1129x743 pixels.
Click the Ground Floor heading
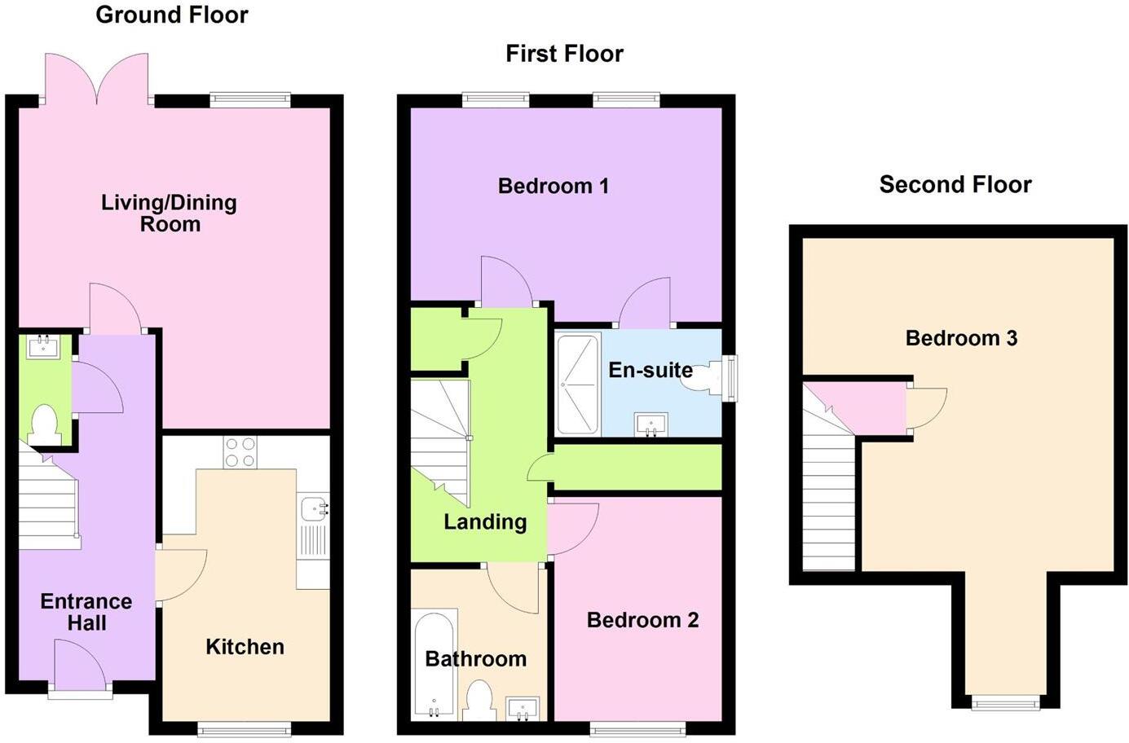coord(172,15)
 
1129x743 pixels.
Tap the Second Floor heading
coord(955,185)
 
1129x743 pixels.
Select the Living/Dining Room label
coord(169,213)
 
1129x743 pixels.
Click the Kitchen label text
coord(245,647)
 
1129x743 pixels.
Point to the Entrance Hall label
coord(86,612)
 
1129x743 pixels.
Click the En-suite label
coord(650,370)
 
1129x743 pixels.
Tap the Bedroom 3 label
coord(961,338)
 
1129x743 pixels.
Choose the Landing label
coord(485,521)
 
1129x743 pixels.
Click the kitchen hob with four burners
coord(240,452)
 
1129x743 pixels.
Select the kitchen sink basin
coord(312,509)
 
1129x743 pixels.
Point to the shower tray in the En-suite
coord(578,383)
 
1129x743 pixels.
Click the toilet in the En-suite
coord(702,378)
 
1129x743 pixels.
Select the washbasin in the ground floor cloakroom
coord(39,347)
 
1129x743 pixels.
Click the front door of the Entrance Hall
coord(79,668)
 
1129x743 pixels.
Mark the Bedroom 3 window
coord(1005,701)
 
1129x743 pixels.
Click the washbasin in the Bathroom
coord(522,708)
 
